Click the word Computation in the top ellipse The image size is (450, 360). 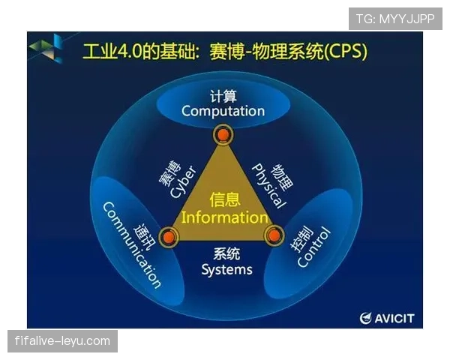click(x=223, y=111)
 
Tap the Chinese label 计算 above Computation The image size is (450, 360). click(x=222, y=95)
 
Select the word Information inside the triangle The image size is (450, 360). click(x=224, y=218)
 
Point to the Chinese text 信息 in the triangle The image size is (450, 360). click(x=224, y=200)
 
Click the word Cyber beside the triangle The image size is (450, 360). click(x=182, y=181)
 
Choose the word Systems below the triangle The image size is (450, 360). click(x=226, y=269)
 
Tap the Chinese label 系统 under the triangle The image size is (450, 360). click(x=226, y=253)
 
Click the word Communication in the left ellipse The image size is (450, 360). click(x=131, y=245)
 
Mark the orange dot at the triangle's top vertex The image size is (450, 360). click(x=223, y=136)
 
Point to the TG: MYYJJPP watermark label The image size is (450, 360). click(x=395, y=19)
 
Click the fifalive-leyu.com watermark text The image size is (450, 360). click(x=62, y=341)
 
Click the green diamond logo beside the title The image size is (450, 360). click(x=46, y=50)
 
